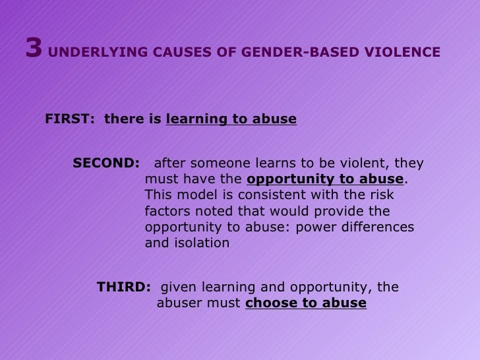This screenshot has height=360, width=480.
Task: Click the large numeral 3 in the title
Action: (x=34, y=48)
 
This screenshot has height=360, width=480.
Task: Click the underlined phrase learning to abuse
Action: (x=231, y=119)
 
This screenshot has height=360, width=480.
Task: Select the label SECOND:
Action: (x=106, y=164)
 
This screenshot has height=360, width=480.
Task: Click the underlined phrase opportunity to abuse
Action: (x=325, y=179)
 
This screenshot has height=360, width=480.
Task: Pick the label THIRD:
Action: (x=124, y=287)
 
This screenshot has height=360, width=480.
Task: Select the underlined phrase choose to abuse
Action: (x=305, y=303)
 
